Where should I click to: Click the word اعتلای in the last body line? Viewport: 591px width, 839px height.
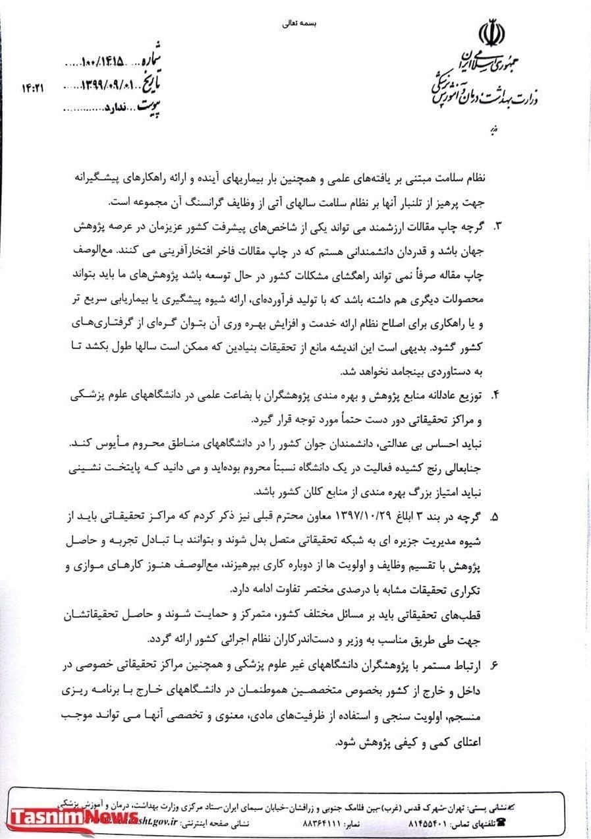tap(468, 741)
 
